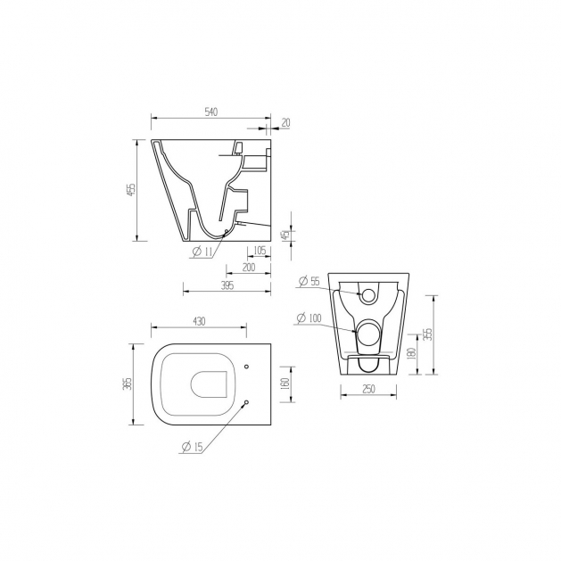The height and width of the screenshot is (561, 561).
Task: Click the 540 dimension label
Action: click(x=211, y=112)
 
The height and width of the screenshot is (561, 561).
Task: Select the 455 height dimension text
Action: click(x=132, y=190)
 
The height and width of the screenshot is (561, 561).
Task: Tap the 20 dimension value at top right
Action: click(x=286, y=123)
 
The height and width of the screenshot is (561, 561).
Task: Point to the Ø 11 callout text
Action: click(x=202, y=252)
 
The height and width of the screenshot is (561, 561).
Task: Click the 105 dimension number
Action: click(x=260, y=251)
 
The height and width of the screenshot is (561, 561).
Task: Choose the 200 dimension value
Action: click(x=249, y=268)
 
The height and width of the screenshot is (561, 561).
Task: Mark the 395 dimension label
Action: click(x=227, y=285)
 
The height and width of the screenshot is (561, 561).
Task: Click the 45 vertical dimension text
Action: click(x=285, y=235)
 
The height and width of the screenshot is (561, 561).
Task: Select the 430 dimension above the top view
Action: click(x=199, y=321)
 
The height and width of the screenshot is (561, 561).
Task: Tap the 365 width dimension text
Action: click(x=128, y=384)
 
